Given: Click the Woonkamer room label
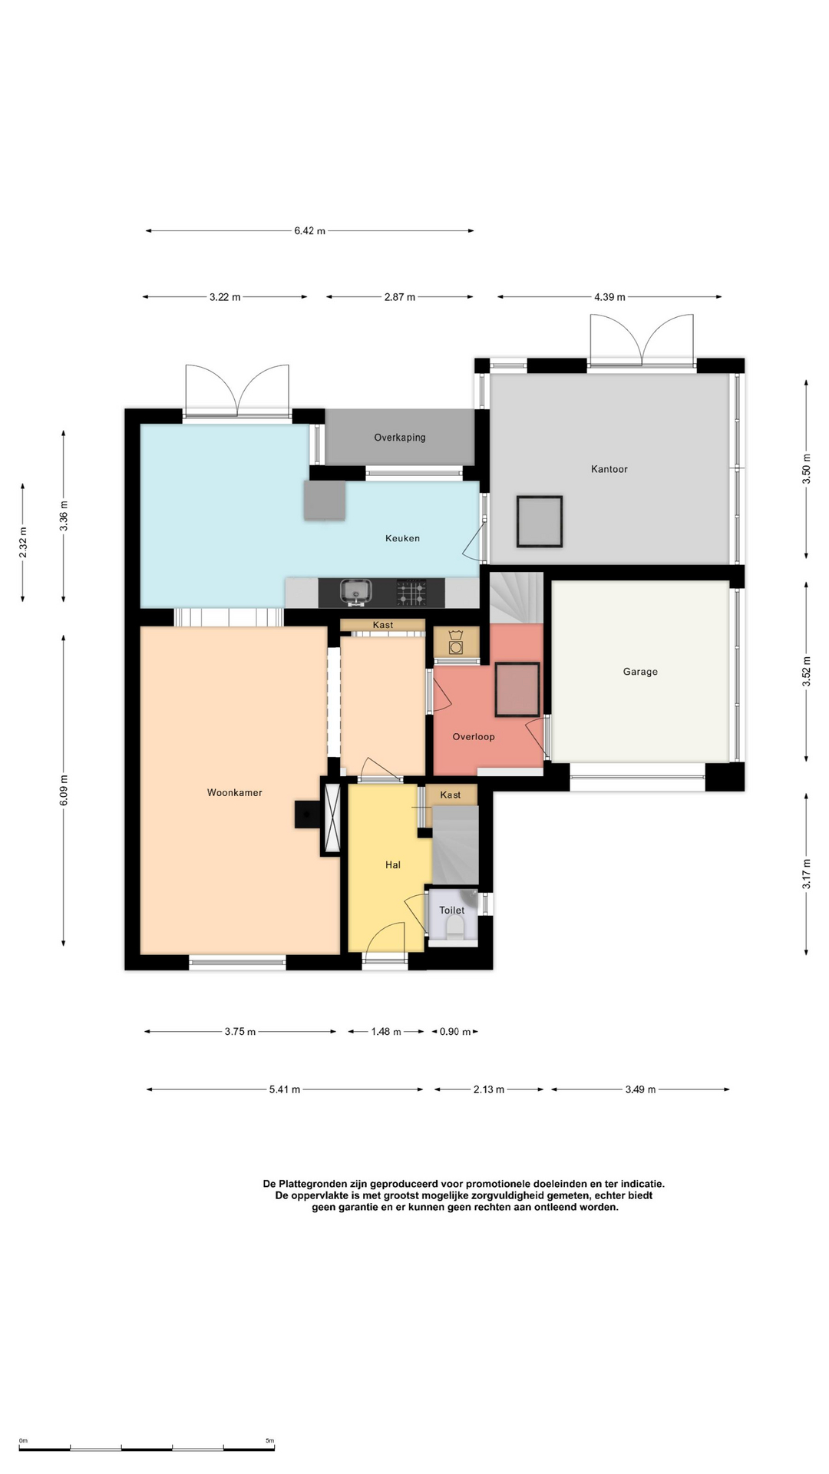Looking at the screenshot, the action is pos(234,792).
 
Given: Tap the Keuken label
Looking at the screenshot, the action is pos(402,538).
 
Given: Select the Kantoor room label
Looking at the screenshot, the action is pos(609,468).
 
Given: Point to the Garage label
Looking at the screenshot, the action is pos(640,672).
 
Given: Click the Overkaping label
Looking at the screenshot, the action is pos(400,438).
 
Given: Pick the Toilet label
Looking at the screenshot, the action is pos(452,910).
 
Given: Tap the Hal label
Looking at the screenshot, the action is pos(393,864).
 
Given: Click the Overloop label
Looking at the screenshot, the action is pos(474,736).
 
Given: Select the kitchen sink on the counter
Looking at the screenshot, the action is pos(355,592).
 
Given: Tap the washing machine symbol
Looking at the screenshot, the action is pos(456,643).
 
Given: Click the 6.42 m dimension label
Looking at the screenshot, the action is pos(309,230).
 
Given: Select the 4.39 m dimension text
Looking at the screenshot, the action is pos(609,296).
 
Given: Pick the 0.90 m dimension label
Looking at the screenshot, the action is pos(455,1031).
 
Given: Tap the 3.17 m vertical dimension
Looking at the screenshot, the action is pos(806,874).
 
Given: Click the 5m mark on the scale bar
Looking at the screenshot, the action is pos(269,1441).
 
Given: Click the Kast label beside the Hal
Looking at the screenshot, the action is pos(451,795).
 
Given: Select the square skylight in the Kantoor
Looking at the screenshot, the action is pos(540,521).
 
